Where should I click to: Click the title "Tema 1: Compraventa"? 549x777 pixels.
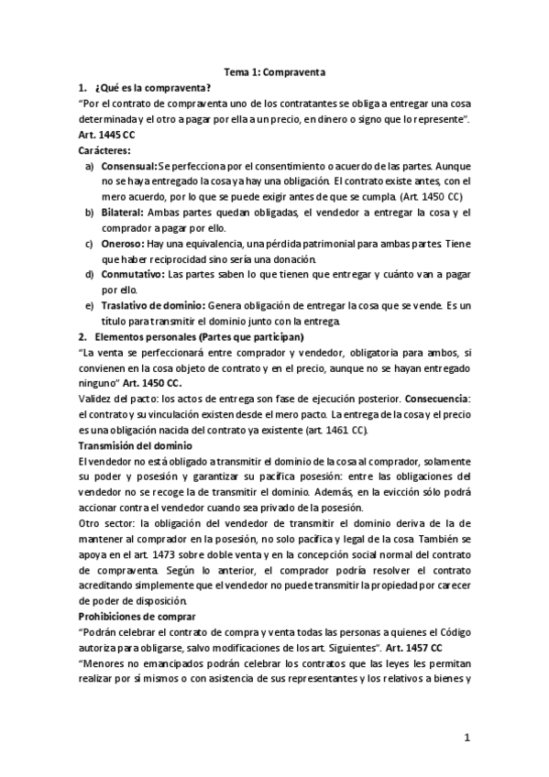click(274, 71)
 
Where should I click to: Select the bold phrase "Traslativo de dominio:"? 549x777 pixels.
click(153, 305)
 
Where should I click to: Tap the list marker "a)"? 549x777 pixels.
click(89, 167)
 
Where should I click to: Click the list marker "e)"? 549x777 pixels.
click(89, 305)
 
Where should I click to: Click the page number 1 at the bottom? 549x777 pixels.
click(467, 738)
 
